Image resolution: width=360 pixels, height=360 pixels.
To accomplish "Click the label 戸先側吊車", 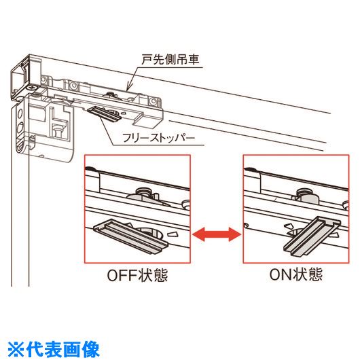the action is coord(170,60).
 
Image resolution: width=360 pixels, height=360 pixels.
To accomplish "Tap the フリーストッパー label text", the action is coord(158,139).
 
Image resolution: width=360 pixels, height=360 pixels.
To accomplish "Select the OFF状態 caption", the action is coord(137,275).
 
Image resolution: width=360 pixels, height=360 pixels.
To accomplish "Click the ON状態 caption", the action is coord(296,274).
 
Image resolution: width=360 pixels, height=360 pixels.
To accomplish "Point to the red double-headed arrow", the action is coord(217,234).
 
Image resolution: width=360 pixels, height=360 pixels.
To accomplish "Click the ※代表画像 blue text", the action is coord(54,350).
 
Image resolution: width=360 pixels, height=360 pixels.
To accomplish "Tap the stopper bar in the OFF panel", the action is coord(130,236).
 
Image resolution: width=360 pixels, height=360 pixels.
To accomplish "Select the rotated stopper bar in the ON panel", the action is coord(312,236).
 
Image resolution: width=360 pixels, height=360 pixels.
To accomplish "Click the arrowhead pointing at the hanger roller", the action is coord(128,88).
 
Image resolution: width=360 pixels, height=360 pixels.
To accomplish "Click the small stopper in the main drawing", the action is coord(105,113).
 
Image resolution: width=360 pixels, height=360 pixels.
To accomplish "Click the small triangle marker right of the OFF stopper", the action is coord(173,234).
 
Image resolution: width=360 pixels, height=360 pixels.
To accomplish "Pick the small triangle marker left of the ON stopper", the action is coord(289,226).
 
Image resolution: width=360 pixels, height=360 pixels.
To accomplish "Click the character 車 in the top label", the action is coord(193,60).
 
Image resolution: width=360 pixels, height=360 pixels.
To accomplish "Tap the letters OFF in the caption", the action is coord(123,275).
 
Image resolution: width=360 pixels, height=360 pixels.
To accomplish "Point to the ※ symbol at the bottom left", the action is coord(16,350).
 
